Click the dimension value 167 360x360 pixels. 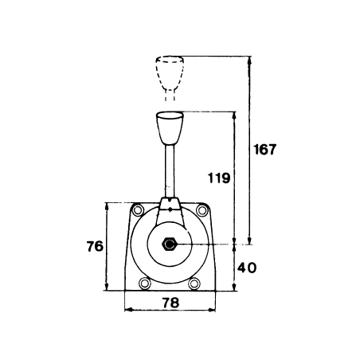coord(265,150)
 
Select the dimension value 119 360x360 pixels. coord(219,178)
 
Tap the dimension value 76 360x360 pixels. coord(95,246)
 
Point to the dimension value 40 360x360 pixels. coord(247,268)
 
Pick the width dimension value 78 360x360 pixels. coord(170,303)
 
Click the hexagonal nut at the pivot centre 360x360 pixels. coord(170,244)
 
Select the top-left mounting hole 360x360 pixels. coord(138,210)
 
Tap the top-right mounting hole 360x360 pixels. coord(202,210)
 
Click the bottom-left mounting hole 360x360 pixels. coord(145,284)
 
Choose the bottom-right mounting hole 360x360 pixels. coord(194,284)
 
